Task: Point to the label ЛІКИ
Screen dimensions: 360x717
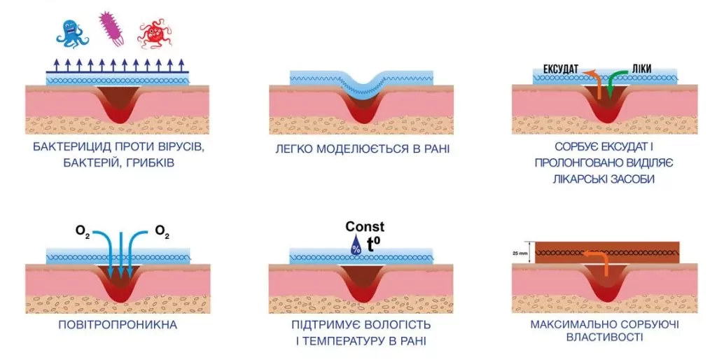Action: [x=641, y=69]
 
